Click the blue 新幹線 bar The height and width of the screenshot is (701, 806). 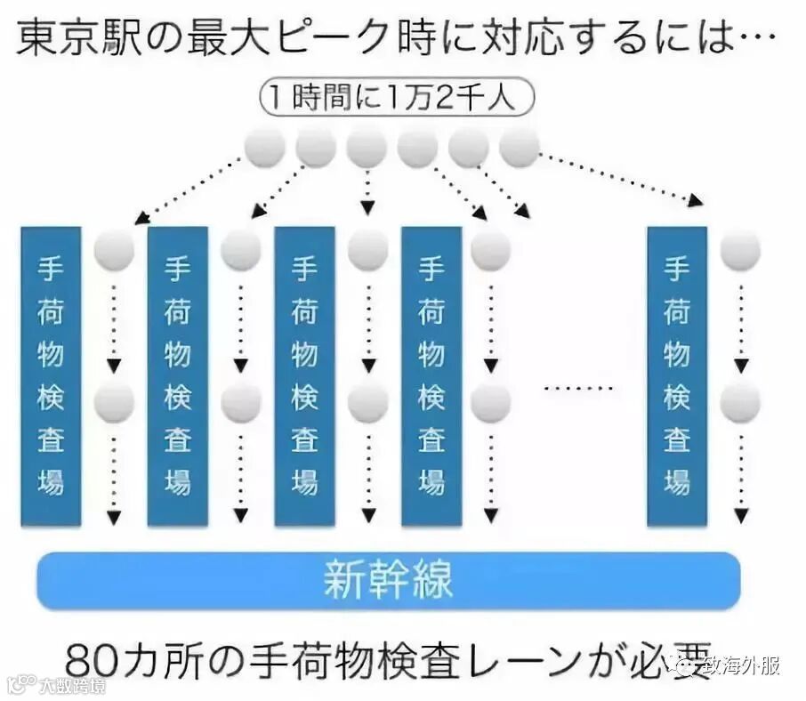click(388, 580)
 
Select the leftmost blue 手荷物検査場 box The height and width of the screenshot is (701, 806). click(51, 375)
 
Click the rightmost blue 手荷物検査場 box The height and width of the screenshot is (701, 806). click(677, 375)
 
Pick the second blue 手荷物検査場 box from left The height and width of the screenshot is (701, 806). click(177, 375)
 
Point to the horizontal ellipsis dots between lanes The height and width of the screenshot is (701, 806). click(578, 389)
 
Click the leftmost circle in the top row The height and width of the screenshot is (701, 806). click(265, 147)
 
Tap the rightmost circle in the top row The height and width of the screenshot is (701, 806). click(520, 147)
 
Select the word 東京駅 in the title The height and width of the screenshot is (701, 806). click(70, 37)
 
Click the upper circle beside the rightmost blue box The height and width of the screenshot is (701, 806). click(740, 250)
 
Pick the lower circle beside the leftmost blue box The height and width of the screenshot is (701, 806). click(114, 403)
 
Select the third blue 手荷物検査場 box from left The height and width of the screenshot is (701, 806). click(304, 375)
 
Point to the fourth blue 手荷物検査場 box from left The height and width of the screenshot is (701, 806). click(431, 375)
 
